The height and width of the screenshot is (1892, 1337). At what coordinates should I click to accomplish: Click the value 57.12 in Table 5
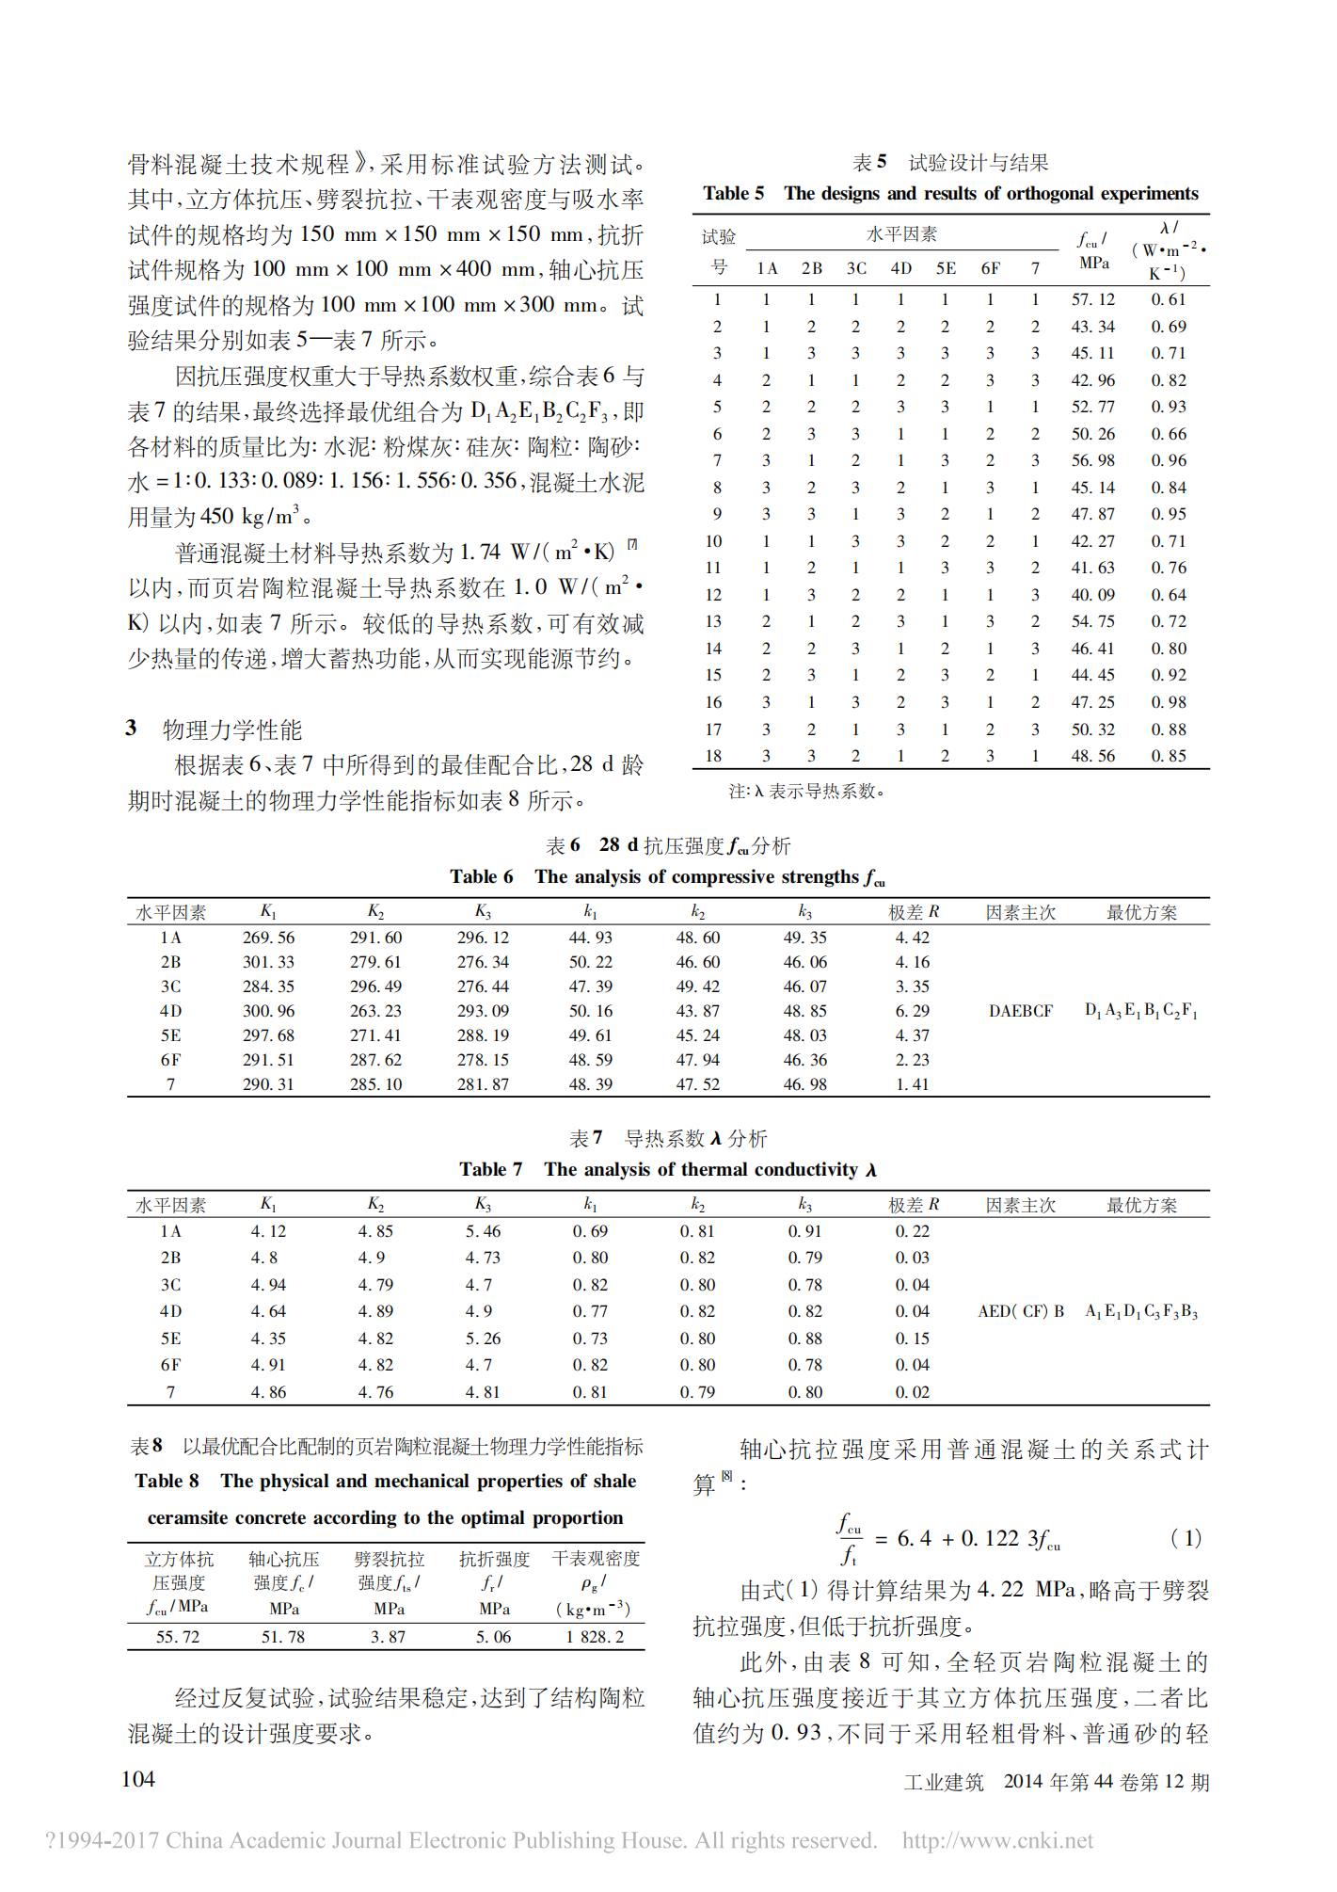pyautogui.click(x=1092, y=299)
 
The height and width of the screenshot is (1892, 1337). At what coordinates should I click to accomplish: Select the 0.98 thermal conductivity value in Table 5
pyautogui.click(x=1169, y=702)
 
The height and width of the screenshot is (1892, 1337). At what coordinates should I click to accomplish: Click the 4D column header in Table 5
pyautogui.click(x=900, y=268)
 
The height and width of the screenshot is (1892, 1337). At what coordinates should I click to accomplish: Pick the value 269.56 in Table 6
pyautogui.click(x=268, y=938)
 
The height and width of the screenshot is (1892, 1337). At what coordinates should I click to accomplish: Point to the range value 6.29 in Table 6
pyautogui.click(x=912, y=1011)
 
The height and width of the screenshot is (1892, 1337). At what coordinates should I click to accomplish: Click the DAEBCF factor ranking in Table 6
pyautogui.click(x=1020, y=1011)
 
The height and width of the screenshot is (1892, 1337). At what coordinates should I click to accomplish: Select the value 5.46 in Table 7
pyautogui.click(x=483, y=1231)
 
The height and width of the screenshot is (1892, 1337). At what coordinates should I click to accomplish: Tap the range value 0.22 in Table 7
pyautogui.click(x=912, y=1231)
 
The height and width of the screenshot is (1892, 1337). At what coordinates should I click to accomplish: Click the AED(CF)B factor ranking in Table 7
pyautogui.click(x=1021, y=1311)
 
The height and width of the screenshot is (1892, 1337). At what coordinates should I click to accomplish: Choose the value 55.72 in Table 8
pyautogui.click(x=178, y=1637)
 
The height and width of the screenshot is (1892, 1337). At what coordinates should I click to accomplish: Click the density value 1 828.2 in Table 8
pyautogui.click(x=595, y=1637)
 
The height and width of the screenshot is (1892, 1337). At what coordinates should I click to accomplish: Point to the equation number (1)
pyautogui.click(x=1186, y=1538)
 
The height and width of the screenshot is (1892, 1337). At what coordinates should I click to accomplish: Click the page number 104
pyautogui.click(x=138, y=1779)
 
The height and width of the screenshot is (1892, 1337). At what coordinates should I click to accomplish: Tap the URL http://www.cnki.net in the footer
pyautogui.click(x=997, y=1841)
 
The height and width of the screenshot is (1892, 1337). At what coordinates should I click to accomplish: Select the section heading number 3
pyautogui.click(x=132, y=729)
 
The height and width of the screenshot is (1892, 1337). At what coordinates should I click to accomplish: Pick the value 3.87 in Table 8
pyautogui.click(x=388, y=1637)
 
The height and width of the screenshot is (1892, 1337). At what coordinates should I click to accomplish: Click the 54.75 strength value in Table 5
pyautogui.click(x=1092, y=621)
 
